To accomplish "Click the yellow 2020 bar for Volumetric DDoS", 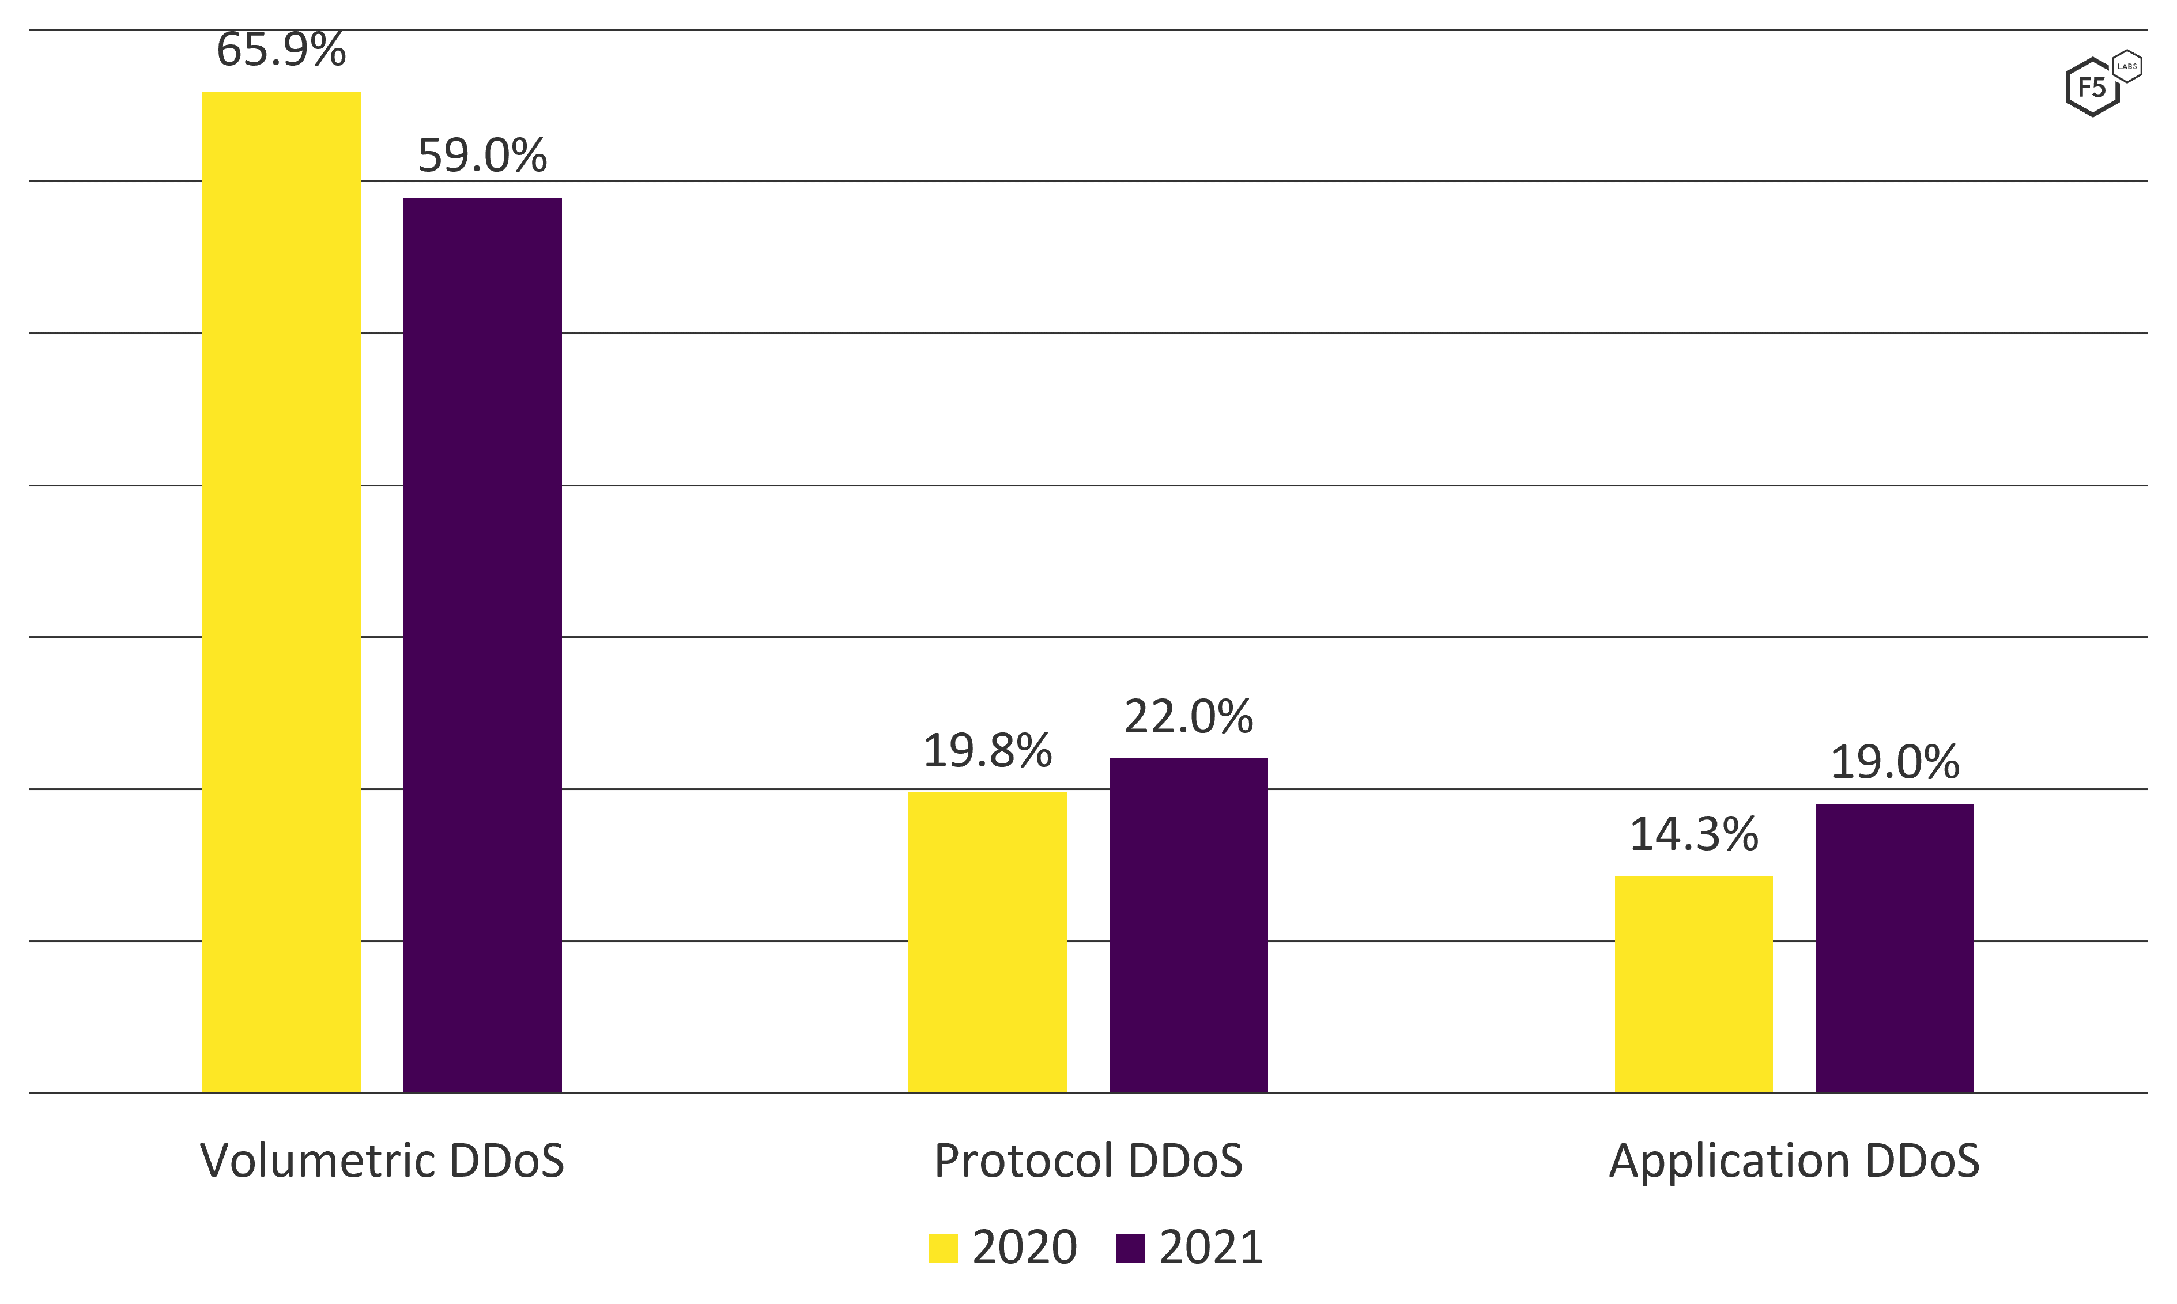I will coord(281,591).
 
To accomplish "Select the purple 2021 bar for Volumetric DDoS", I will coord(482,644).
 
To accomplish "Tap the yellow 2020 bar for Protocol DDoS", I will coord(987,942).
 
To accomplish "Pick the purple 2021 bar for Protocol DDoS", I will coord(1189,925).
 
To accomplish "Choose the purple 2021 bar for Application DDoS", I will coord(1895,947).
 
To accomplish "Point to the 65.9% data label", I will coord(281,50).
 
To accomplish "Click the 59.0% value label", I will coord(482,156).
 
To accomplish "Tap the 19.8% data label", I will coord(987,751).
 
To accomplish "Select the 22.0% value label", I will coord(1189,717).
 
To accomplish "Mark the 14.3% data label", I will coord(1693,835).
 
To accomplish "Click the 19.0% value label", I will coord(1895,763).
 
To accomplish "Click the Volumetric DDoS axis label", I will coord(382,1161).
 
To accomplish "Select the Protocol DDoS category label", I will coord(1088,1161).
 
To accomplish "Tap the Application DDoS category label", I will coord(1794,1161).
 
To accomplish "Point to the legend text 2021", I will coord(1211,1248).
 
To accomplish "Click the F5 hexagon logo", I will coord(2092,88).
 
